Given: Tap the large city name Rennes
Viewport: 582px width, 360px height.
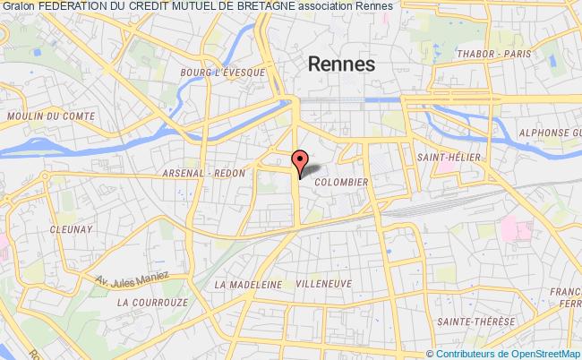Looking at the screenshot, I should (x=343, y=64).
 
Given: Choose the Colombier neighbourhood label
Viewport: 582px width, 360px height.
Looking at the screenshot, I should (x=341, y=181).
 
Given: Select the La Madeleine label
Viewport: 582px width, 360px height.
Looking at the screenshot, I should (x=248, y=284).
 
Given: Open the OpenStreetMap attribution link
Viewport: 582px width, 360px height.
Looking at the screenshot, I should (x=543, y=353).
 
